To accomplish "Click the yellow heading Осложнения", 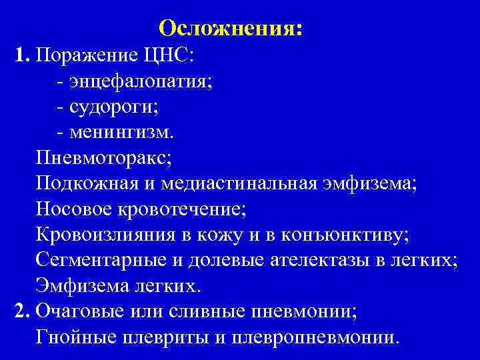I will coord(231,27).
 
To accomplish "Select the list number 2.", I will coord(21,311).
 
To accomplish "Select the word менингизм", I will coord(119,132).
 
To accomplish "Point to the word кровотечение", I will coord(178,209).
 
